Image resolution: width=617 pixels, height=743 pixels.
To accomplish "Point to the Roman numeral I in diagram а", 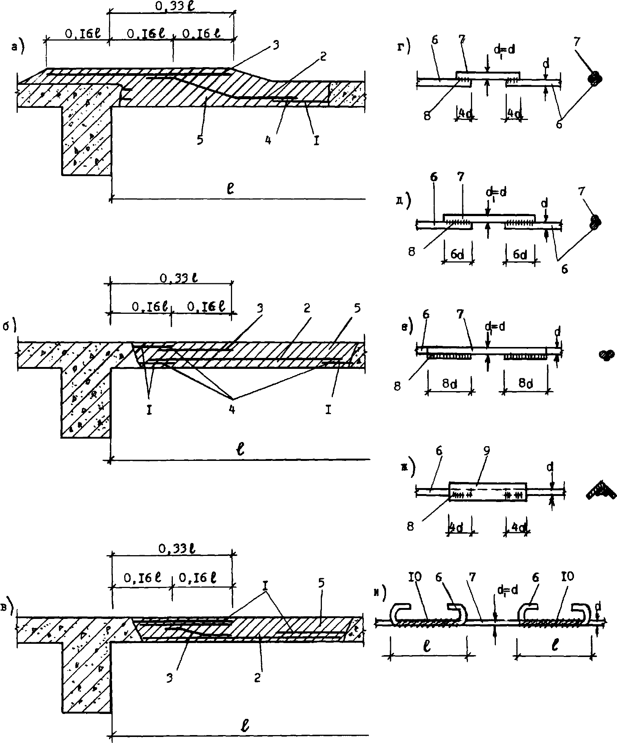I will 317,141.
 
